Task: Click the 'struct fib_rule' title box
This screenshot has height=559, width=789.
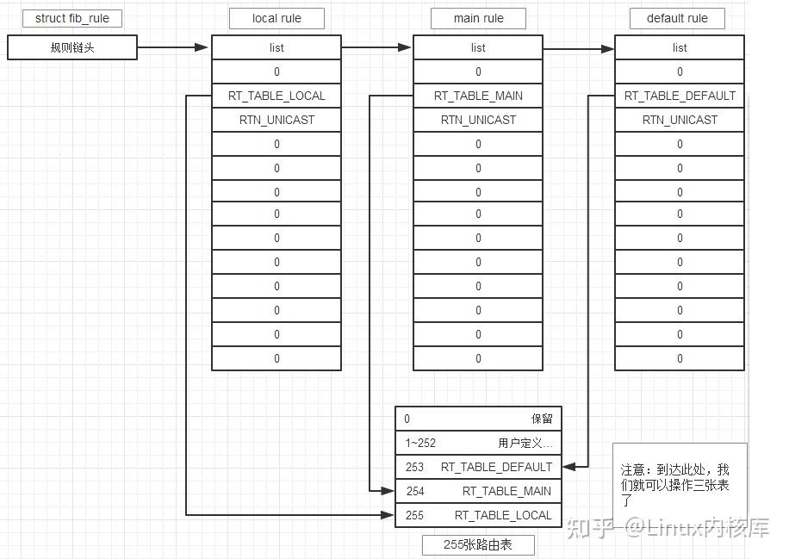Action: [72, 18]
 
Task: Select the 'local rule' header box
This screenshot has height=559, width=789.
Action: [276, 18]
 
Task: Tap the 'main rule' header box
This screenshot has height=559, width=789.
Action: [478, 18]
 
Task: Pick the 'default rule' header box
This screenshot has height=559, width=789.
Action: [680, 18]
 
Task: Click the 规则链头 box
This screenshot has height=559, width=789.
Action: [72, 47]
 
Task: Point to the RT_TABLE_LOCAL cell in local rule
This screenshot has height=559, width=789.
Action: [276, 96]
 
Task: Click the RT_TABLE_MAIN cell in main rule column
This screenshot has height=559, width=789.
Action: [478, 96]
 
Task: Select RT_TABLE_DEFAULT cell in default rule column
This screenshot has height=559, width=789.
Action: [680, 96]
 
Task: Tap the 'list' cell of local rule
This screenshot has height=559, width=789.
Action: [276, 47]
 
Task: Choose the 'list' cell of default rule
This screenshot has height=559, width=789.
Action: [680, 47]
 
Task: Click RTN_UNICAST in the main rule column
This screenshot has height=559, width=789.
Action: [478, 120]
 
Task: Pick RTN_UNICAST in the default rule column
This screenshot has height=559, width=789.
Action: [680, 120]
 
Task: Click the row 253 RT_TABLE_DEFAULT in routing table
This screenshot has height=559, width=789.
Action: [478, 467]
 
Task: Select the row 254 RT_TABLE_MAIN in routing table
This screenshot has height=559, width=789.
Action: [478, 491]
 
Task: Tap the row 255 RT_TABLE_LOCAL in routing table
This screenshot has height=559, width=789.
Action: [478, 515]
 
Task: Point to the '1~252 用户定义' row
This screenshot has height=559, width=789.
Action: [478, 443]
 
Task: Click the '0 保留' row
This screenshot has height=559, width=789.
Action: [478, 419]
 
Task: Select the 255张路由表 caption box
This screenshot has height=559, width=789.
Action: [478, 544]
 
